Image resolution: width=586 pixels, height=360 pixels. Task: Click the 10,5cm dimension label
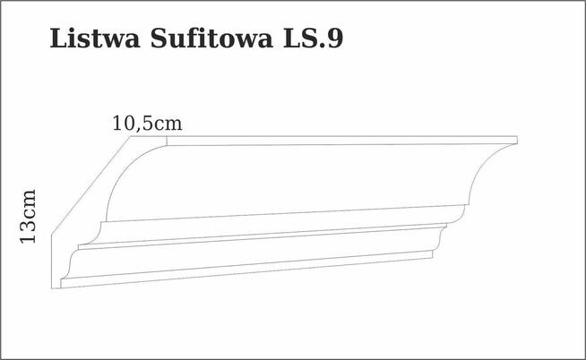(147, 124)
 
